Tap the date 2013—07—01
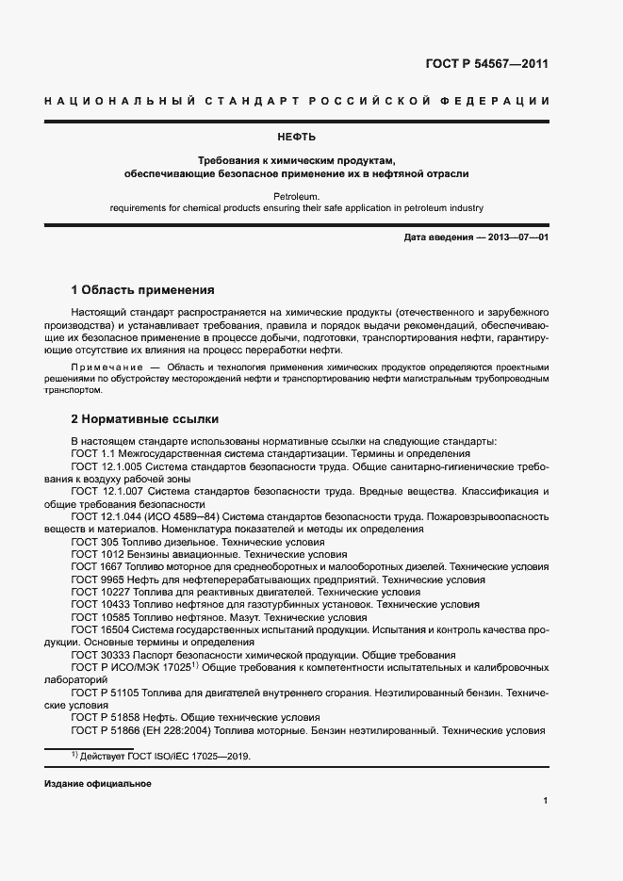pyautogui.click(x=518, y=237)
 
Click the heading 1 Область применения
pyautogui.click(x=143, y=289)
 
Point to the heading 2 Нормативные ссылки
pyautogui.click(x=143, y=418)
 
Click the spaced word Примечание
pyautogui.click(x=104, y=365)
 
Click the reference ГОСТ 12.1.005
pyautogui.click(x=106, y=466)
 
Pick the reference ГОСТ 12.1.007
pyautogui.click(x=106, y=492)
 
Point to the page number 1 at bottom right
pyautogui.click(x=546, y=801)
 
